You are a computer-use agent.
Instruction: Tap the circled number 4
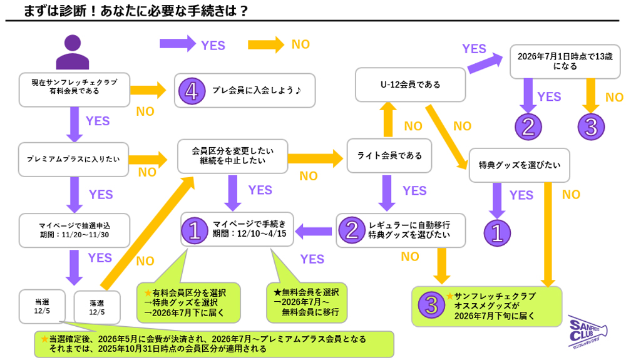pyautogui.click(x=192, y=91)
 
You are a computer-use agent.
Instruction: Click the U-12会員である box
pyautogui.click(x=411, y=85)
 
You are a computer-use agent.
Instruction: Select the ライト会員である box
pyautogui.click(x=389, y=156)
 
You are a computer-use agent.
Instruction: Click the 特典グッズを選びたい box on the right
pyautogui.click(x=519, y=165)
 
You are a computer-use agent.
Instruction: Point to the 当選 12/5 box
pyautogui.click(x=43, y=306)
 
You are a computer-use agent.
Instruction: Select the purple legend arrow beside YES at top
pyautogui.click(x=178, y=44)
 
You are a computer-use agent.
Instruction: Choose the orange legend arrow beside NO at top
pyautogui.click(x=267, y=44)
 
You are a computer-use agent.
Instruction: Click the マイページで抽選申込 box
pyautogui.click(x=73, y=231)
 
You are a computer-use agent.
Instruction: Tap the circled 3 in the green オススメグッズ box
pyautogui.click(x=431, y=306)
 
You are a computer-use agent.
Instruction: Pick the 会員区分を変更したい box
pyautogui.click(x=233, y=156)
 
